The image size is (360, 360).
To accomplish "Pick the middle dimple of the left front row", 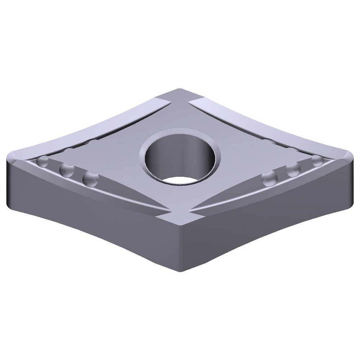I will [66, 169].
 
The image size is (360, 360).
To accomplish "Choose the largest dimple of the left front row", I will [90, 179].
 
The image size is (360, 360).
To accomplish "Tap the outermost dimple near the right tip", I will [317, 161].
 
